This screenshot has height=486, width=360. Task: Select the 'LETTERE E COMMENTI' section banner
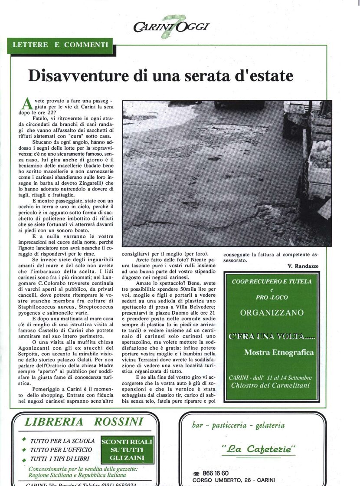pos(60,45)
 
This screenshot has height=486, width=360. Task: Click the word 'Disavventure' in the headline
pos(80,76)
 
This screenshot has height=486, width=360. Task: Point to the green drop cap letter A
pos(26,104)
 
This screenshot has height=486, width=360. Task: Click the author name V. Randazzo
pos(303,266)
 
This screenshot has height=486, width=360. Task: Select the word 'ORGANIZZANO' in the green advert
pos(272,312)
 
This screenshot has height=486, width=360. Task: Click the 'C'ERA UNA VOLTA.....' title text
pos(272,337)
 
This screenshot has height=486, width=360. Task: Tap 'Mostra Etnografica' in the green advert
pos(278,352)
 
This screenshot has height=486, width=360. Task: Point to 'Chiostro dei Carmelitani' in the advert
pos(272,385)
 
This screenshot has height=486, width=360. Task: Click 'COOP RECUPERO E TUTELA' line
pos(272,281)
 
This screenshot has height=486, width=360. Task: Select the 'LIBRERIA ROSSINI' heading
pos(84,422)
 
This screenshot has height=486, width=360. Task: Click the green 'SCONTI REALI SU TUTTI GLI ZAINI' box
pos(127,450)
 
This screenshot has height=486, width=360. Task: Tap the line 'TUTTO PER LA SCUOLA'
pos(62,441)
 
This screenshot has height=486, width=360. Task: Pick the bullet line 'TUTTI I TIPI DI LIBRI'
pos(60,459)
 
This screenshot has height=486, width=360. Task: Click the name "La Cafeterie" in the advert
pos(259,450)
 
